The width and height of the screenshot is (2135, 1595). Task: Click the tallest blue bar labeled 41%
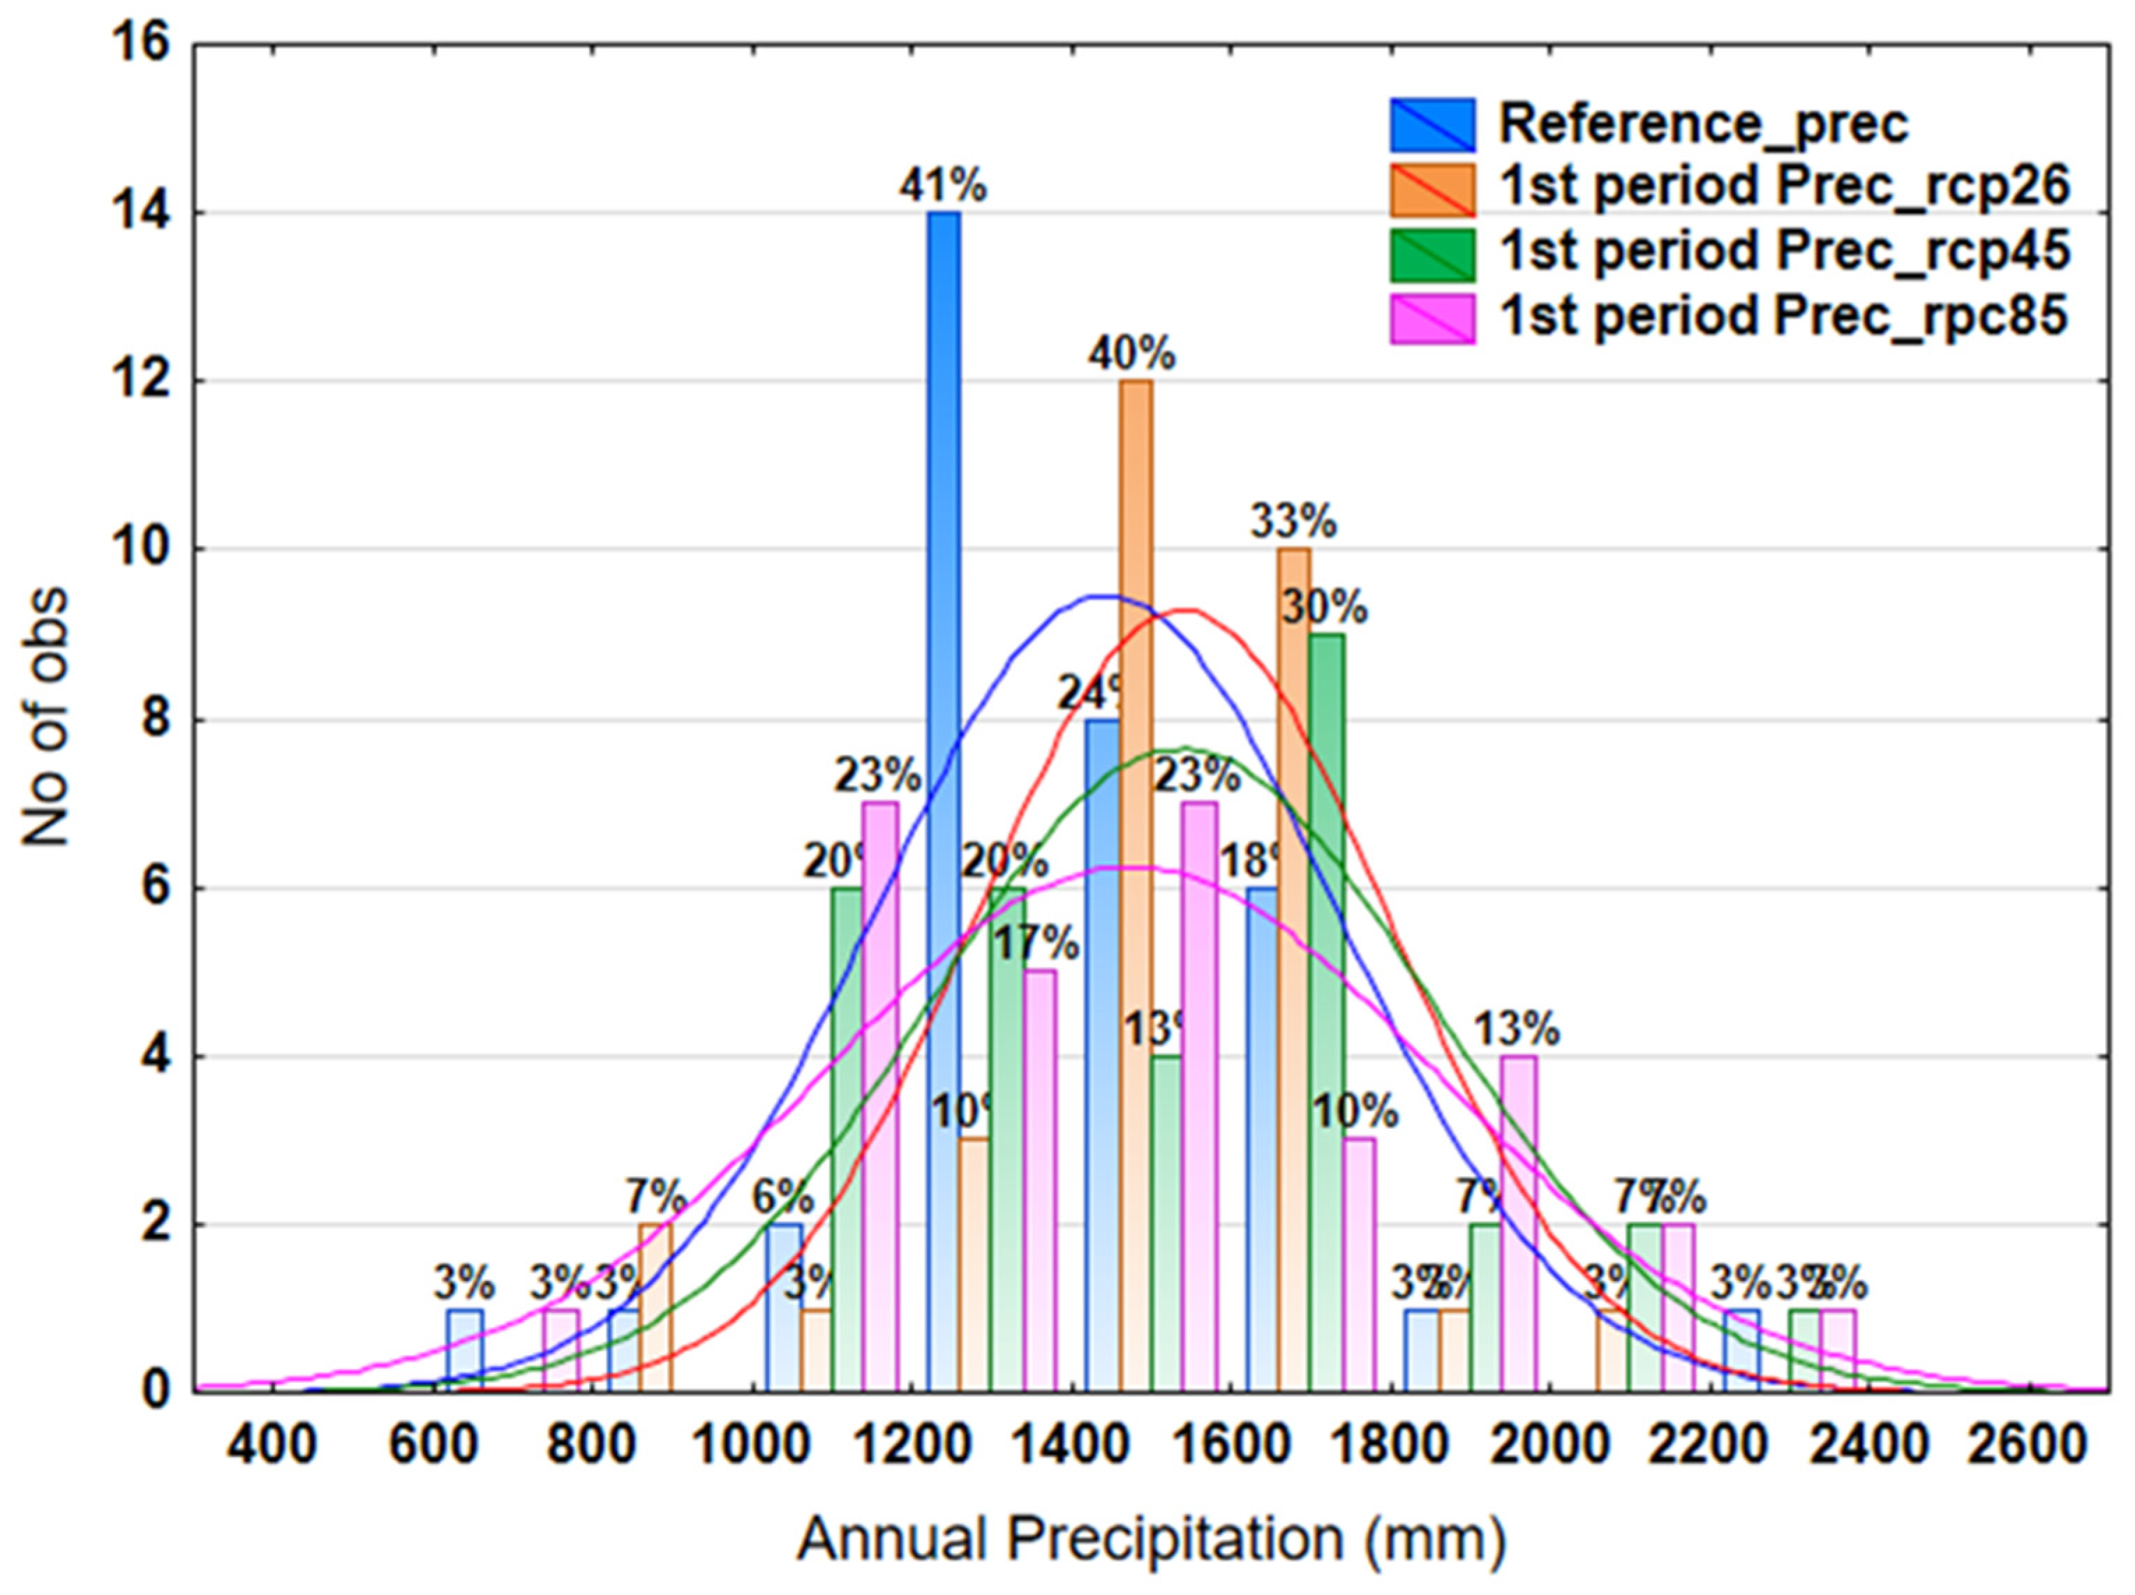943,801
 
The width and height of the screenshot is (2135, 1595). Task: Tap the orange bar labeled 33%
1293,965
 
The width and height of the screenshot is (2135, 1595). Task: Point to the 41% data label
943,186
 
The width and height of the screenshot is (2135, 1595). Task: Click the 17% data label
1036,943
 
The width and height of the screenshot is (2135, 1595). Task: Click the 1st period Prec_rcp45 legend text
1784,252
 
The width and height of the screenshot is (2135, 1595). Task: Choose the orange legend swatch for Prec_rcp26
1432,189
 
